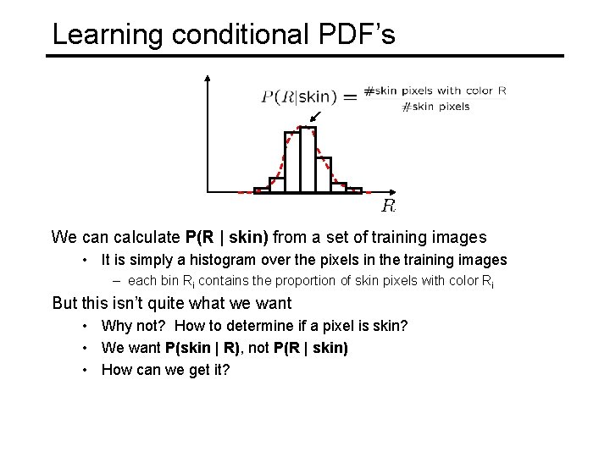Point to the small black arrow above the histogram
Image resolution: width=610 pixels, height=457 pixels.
coord(315,115)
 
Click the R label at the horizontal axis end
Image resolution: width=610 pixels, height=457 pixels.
coord(388,205)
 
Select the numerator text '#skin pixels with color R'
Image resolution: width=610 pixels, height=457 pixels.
coord(435,91)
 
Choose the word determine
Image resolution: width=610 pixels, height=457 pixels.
coord(268,326)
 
